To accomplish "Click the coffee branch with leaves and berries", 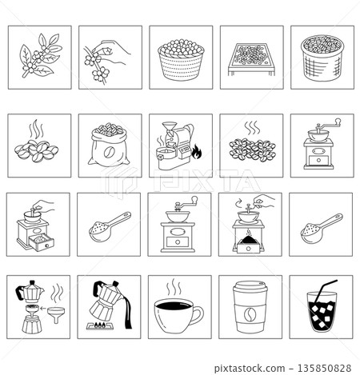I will point(38,58).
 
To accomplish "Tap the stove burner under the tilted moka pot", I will point(106,329).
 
